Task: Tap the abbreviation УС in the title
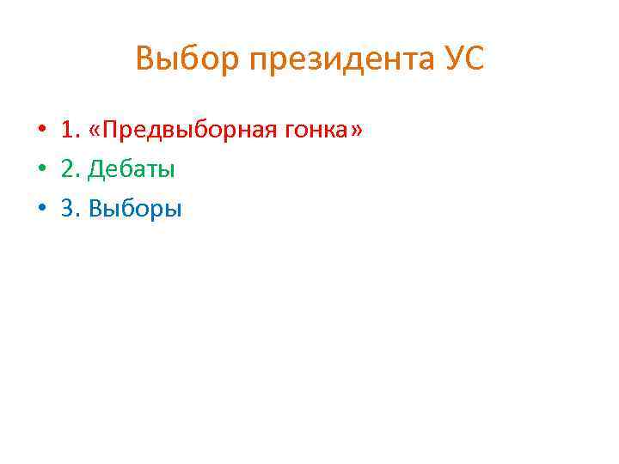464,59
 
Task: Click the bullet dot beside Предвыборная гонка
40,131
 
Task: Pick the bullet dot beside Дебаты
40,169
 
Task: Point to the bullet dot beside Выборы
40,209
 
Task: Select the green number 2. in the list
70,169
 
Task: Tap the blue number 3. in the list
70,209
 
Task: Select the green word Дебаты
132,169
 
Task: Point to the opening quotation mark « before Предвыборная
97,131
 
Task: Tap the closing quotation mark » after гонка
355,131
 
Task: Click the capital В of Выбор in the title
144,59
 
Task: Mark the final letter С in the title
475,59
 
